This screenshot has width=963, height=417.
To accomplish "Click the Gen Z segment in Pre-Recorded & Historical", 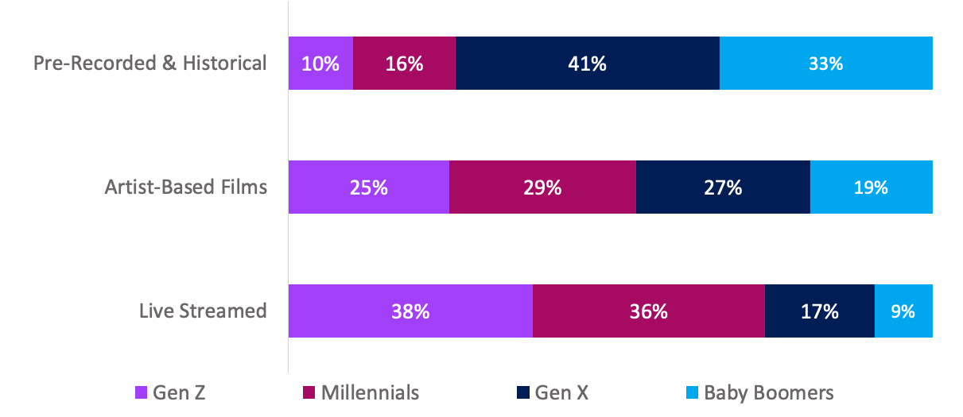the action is pos(320,63).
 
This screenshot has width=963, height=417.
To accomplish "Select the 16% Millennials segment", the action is pos(404,63).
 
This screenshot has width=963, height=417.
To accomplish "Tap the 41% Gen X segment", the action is pos(588,63).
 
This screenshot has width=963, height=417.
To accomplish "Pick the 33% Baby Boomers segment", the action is pos(826,63).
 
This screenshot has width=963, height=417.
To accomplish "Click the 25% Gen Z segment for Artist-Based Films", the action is pos(369,187).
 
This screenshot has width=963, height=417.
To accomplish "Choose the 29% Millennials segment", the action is pos(542,187).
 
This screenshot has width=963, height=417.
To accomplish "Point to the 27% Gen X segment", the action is pos(723,187).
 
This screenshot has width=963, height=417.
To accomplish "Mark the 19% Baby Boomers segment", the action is pos(872,187).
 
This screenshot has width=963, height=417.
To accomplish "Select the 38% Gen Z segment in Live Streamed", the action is pos(410,311).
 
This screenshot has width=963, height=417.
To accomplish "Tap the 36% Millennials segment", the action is pos(649,311).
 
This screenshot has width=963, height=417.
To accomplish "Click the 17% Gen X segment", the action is pos(820,311).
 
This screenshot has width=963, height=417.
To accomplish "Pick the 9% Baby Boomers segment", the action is pos(903,311).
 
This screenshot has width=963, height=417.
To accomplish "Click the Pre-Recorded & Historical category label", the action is pos(150,63).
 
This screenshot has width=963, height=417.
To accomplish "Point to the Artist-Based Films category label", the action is pos(186,187).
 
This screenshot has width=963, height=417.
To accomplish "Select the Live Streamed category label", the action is pos(203,311).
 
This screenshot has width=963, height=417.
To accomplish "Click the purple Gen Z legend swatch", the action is pos(141,392).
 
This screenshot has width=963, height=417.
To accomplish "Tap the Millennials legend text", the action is pos(370,392).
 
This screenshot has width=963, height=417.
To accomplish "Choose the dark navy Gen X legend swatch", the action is pos(522,392).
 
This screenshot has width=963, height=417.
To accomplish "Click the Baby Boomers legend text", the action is pos(769,393).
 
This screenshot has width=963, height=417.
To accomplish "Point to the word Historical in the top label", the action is pos(225,63).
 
